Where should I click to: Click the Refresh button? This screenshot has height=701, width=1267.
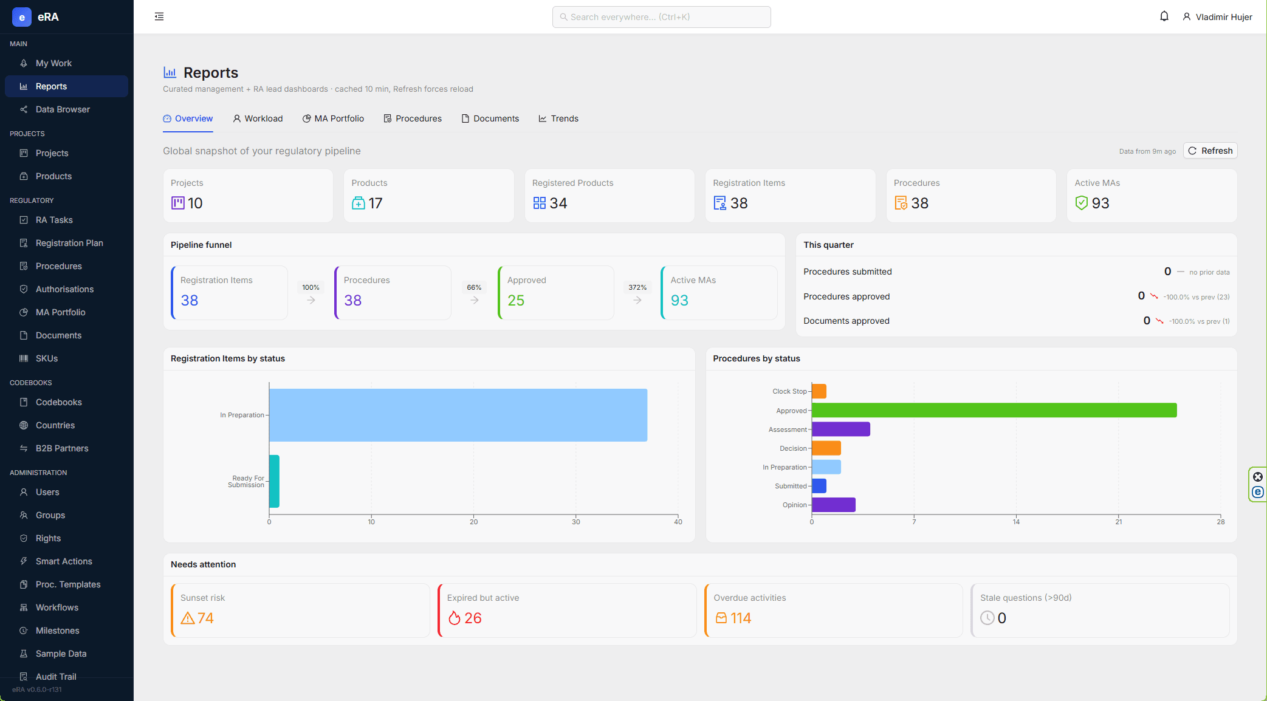pos(1210,151)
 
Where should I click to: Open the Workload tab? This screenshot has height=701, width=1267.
pos(258,118)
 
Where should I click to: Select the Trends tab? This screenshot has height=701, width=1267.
pos(558,118)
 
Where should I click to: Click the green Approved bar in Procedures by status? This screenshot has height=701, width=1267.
pos(994,410)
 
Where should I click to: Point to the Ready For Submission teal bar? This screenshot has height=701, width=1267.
pos(274,481)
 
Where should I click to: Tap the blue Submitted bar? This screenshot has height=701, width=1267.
pos(819,486)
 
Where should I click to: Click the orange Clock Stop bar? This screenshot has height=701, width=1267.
pos(819,391)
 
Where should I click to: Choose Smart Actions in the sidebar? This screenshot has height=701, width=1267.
pos(64,561)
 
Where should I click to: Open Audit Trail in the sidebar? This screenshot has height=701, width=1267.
pos(56,676)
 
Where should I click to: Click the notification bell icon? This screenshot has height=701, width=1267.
pos(1164,16)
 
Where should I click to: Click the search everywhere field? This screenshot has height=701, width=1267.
pos(661,17)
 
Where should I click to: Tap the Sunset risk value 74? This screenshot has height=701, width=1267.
pos(205,618)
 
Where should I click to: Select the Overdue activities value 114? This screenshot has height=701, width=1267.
pos(741,618)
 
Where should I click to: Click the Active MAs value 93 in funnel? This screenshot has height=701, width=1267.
pos(679,300)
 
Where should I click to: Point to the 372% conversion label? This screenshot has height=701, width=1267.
pos(637,287)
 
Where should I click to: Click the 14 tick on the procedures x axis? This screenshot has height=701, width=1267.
pos(1016,521)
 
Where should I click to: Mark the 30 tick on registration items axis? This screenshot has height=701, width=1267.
pos(576,521)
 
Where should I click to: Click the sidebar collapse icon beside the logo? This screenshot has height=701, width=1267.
pos(159,16)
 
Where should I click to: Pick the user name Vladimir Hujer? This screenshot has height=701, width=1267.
pos(1224,17)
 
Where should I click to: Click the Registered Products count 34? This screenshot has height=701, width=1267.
pos(558,203)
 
